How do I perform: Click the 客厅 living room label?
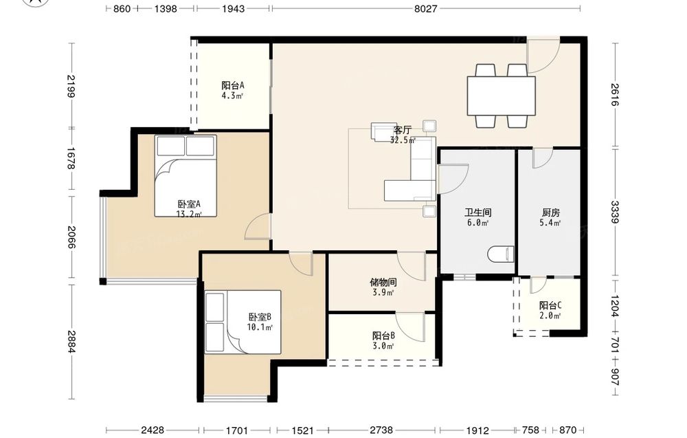[402, 130]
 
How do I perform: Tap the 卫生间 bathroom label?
[478, 212]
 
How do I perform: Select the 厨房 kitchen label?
[551, 212]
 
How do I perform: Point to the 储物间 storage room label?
[383, 283]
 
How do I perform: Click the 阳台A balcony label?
[233, 85]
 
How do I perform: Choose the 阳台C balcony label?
[550, 305]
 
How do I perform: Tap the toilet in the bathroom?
[501, 254]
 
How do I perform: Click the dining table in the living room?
[502, 96]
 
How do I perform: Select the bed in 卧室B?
[243, 321]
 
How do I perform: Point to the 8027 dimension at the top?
[426, 8]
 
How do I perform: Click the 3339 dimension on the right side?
[615, 212]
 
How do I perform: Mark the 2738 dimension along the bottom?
[381, 430]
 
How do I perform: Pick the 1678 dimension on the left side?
[71, 158]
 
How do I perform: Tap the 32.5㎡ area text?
[403, 140]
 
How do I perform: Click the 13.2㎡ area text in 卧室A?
[189, 215]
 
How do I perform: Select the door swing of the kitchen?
[543, 159]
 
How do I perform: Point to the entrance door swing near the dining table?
[543, 55]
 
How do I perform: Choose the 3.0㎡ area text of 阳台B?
[383, 347]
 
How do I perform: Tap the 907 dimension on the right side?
[615, 377]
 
